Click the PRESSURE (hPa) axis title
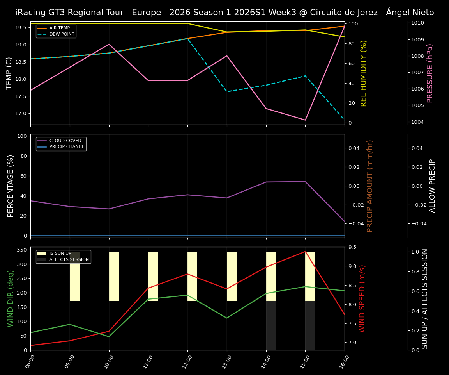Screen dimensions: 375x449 click(x=430, y=73)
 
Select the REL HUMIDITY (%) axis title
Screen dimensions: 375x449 click(x=364, y=73)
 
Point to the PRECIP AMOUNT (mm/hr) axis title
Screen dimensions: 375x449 click(x=370, y=186)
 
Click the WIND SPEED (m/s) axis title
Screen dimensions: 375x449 click(x=362, y=298)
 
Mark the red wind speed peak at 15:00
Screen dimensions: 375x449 click(x=305, y=252)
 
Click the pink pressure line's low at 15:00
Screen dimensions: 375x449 click(x=305, y=120)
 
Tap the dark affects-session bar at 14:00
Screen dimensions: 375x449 click(x=271, y=325)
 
